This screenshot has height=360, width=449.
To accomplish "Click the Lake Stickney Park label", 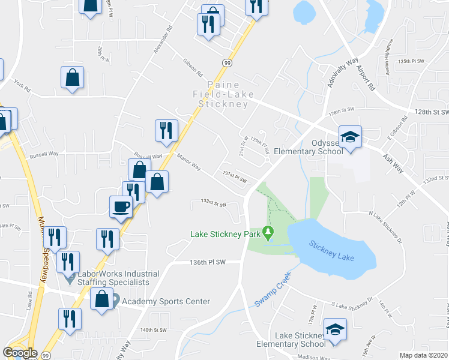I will pyautogui.click(x=226, y=234).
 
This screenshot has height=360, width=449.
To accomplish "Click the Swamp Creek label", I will pyautogui.click(x=272, y=290).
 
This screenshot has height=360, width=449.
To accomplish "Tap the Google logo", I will pyautogui.click(x=19, y=352).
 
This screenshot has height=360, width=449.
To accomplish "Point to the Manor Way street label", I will pyautogui.click(x=189, y=162).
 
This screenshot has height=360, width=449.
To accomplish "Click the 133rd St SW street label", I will pyautogui.click(x=213, y=204).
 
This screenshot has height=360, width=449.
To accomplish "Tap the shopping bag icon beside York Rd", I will pyautogui.click(x=72, y=78).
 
